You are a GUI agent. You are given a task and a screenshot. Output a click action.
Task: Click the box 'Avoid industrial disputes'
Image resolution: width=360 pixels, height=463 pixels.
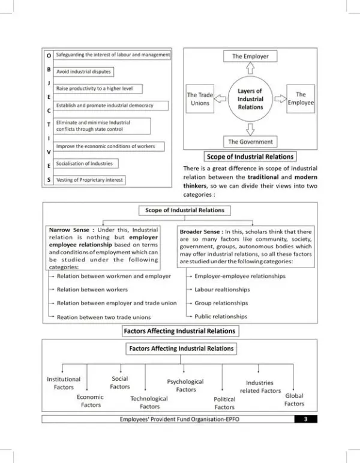tap(84, 71)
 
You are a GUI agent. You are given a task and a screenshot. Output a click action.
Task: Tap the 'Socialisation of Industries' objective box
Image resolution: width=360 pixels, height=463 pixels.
tap(84, 163)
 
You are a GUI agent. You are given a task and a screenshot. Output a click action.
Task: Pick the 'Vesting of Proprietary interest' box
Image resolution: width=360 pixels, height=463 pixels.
tap(90, 180)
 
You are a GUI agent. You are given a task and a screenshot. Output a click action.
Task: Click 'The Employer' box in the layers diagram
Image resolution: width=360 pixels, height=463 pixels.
tap(250, 56)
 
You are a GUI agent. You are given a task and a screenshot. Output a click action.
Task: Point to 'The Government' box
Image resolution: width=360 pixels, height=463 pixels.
tap(250, 142)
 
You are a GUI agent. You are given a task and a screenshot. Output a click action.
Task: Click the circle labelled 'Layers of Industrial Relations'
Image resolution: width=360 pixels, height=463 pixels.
tap(250, 99)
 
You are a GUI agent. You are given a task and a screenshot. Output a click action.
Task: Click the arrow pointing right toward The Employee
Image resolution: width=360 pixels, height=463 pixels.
tap(280, 99)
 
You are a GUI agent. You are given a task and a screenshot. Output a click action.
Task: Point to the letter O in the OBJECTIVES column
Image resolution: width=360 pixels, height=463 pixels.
tap(49, 55)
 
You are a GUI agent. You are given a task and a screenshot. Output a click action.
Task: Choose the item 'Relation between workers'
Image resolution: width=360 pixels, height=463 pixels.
tap(92, 290)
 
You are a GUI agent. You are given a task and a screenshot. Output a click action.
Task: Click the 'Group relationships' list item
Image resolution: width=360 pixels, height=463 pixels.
tap(221, 303)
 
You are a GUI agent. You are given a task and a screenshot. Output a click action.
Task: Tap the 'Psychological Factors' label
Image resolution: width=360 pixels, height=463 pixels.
tap(185, 386)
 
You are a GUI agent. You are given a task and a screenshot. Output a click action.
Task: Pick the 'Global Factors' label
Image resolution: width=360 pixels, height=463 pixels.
tap(294, 399)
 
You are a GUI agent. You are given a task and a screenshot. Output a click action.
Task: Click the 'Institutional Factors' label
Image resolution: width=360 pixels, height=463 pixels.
tap(64, 383)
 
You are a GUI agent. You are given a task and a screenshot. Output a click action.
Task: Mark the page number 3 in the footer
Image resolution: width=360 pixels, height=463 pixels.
tap(305, 419)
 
